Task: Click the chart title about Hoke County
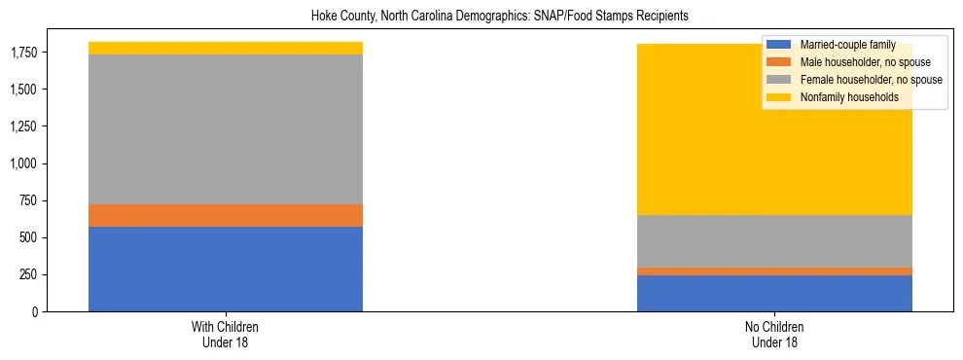click(499, 17)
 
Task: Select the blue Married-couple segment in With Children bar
click(226, 269)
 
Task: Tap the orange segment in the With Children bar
click(226, 215)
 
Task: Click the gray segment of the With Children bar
click(226, 129)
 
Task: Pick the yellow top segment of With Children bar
click(226, 48)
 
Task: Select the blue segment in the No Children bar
click(774, 293)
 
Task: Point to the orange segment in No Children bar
click(774, 271)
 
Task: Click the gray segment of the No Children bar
click(774, 240)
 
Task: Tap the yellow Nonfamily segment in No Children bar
click(774, 146)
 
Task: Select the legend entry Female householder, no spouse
click(869, 80)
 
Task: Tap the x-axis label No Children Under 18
click(774, 335)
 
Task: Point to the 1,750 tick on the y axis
click(25, 53)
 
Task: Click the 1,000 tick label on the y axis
click(25, 163)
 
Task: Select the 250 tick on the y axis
click(30, 274)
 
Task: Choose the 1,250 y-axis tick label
click(25, 126)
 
